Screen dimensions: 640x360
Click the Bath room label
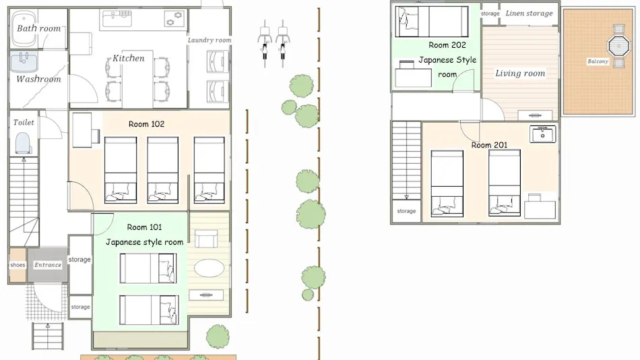click(39, 28)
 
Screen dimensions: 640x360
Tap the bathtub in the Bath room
click(24, 28)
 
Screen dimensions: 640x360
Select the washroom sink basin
click(24, 62)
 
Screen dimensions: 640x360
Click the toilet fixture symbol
click(24, 143)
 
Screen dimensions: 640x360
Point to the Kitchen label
click(129, 58)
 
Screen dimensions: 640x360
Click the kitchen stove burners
click(175, 18)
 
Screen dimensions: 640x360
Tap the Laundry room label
click(210, 40)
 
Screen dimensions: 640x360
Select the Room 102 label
click(147, 124)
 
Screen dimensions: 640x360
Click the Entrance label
click(48, 265)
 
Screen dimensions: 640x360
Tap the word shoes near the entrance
click(18, 265)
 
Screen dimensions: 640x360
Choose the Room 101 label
click(144, 227)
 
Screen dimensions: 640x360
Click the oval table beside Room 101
click(209, 268)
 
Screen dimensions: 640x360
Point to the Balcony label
click(598, 61)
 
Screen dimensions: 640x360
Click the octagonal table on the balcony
click(618, 46)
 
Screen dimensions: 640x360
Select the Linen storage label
click(529, 13)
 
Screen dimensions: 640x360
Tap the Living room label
click(520, 73)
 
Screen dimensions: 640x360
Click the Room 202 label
click(447, 45)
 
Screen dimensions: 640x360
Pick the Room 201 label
click(489, 145)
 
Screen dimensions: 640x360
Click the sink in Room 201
click(542, 134)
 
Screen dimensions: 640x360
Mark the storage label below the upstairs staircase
click(406, 211)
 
